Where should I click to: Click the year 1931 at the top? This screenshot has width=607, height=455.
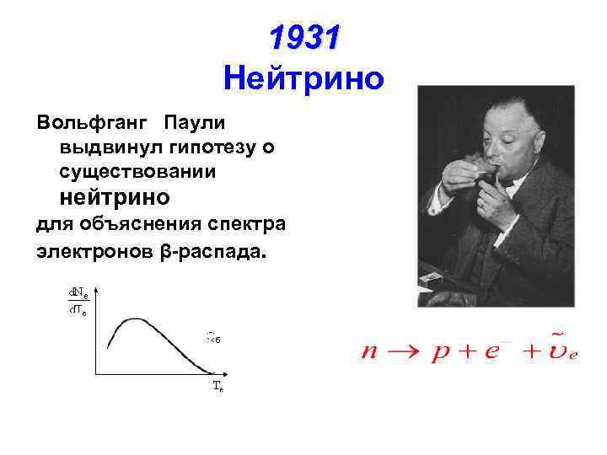click(x=304, y=37)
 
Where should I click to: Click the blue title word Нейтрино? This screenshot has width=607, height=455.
click(x=304, y=79)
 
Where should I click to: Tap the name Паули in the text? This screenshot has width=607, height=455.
click(x=195, y=123)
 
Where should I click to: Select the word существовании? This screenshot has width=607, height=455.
click(x=137, y=172)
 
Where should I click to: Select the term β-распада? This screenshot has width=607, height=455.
click(x=216, y=250)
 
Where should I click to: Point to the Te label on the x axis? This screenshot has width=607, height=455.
click(x=218, y=387)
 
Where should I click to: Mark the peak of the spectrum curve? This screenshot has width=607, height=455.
click(x=135, y=320)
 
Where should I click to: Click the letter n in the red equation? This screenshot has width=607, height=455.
click(x=370, y=351)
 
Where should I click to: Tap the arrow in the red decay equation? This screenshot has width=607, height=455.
click(x=401, y=351)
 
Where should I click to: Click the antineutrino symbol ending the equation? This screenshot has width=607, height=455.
click(x=561, y=350)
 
